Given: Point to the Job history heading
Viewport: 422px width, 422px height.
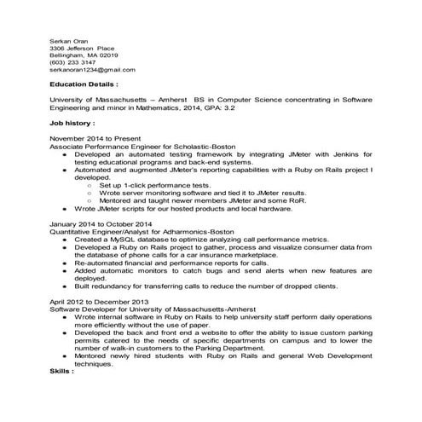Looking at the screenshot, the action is click(72, 123).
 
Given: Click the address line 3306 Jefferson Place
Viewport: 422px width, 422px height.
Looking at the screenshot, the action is click(83, 48).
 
